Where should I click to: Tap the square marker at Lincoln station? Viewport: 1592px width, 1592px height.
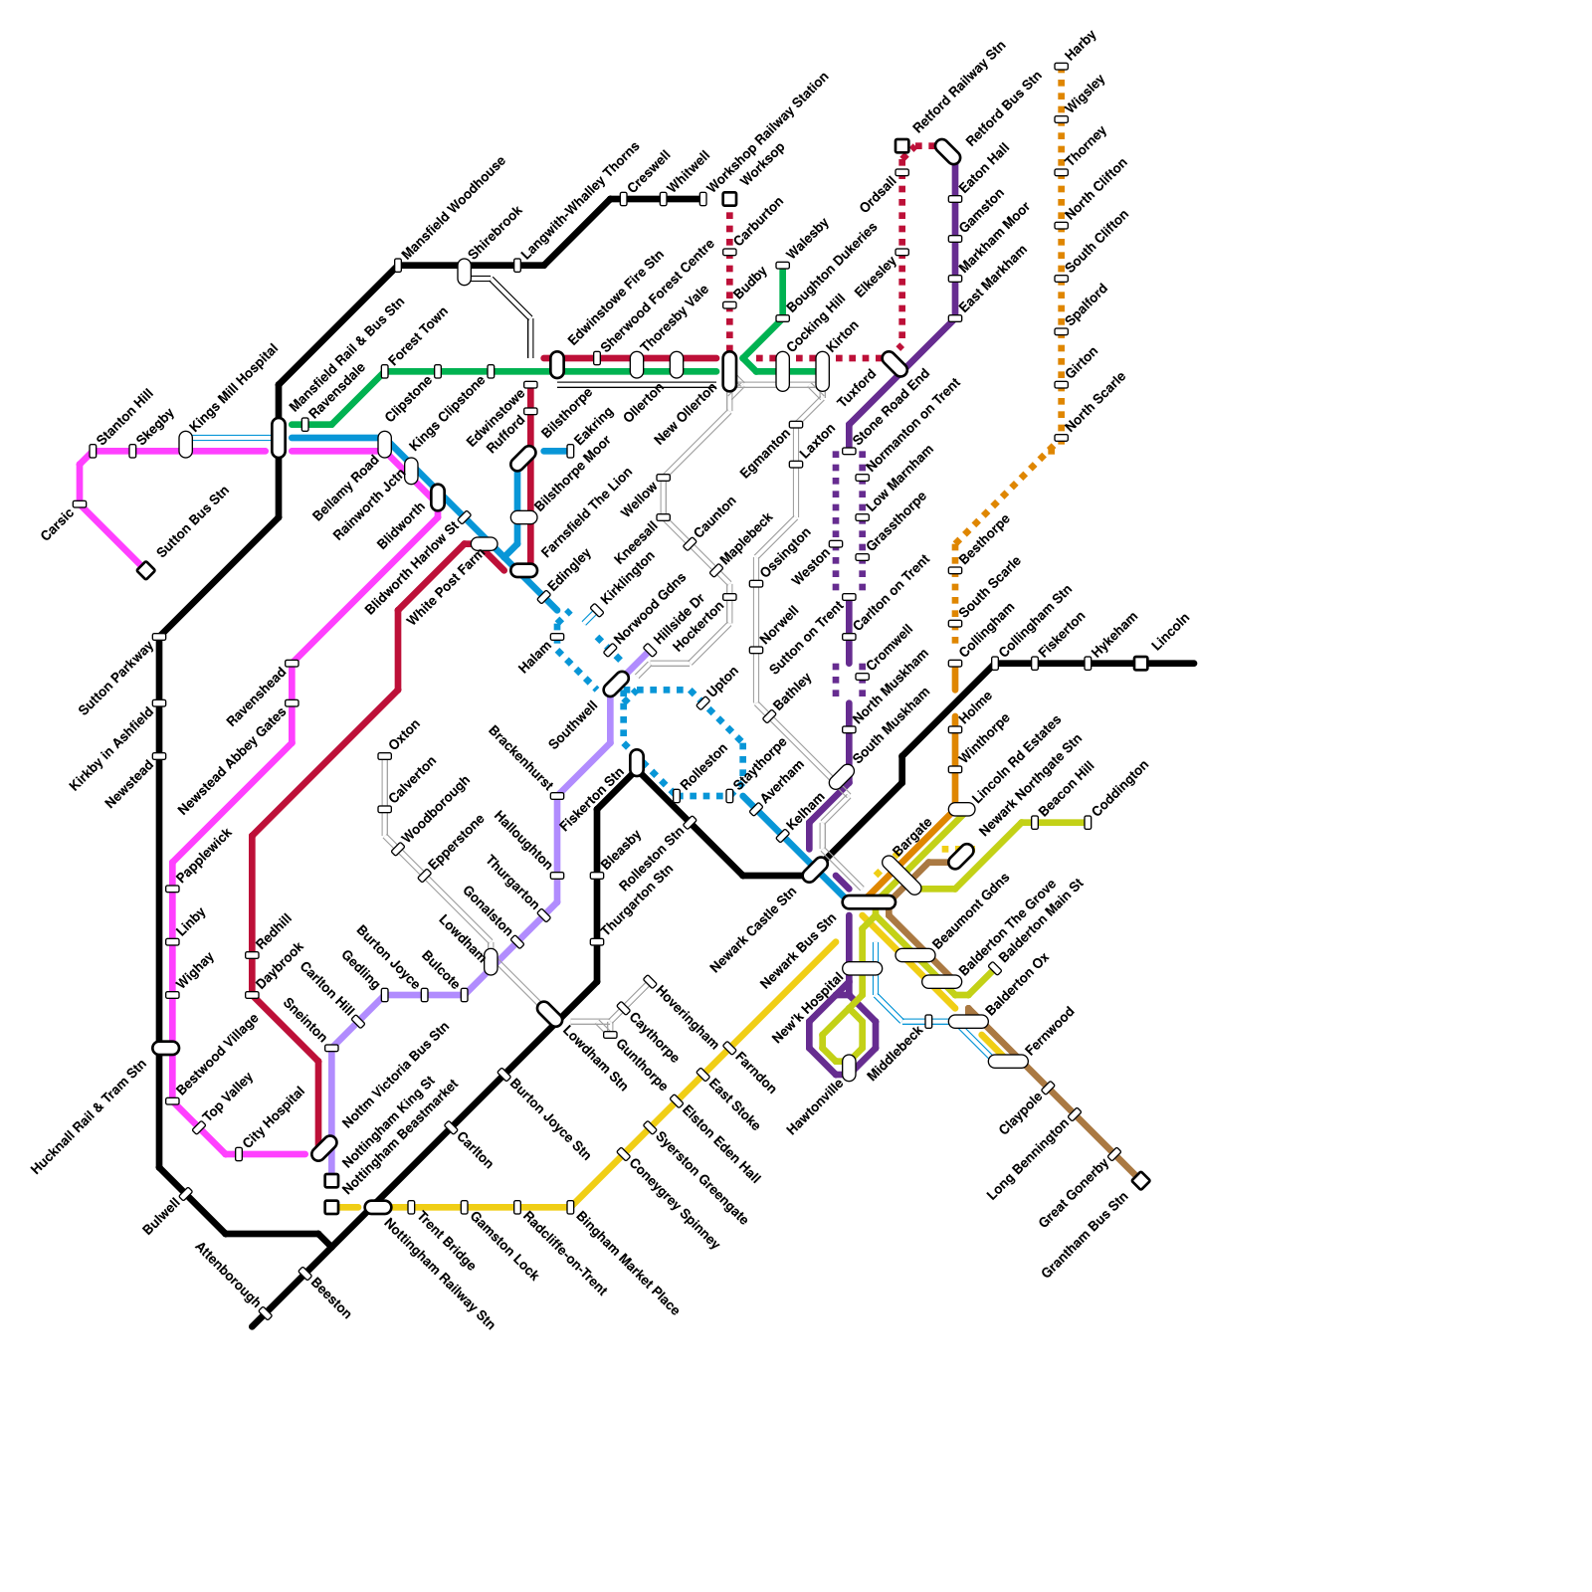pyautogui.click(x=1140, y=663)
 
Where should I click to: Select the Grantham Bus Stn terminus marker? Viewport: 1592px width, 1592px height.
pyautogui.click(x=1141, y=1181)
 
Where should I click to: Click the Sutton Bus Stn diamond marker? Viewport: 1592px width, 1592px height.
pyautogui.click(x=146, y=570)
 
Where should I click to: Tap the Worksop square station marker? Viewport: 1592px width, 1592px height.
pyautogui.click(x=729, y=199)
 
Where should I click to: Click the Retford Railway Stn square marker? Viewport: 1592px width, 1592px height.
pyautogui.click(x=901, y=146)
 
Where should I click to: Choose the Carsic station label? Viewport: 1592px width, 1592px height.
pyautogui.click(x=57, y=525)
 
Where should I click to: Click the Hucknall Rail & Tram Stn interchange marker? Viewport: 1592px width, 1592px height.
pyautogui.click(x=165, y=1048)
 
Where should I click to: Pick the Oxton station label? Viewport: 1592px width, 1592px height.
pyautogui.click(x=405, y=734)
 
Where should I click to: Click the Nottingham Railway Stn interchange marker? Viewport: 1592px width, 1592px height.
pyautogui.click(x=378, y=1207)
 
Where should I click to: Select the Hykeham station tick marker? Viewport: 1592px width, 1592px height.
pyautogui.click(x=1088, y=663)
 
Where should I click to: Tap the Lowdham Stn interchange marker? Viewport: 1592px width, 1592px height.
pyautogui.click(x=549, y=1014)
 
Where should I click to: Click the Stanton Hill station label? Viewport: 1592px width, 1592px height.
pyautogui.click(x=125, y=417)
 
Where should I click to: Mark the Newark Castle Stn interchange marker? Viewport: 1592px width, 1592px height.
pyautogui.click(x=815, y=870)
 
